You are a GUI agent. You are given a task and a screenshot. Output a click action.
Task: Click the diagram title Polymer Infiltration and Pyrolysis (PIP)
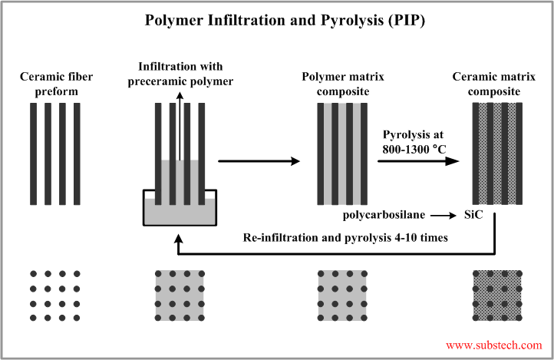276,20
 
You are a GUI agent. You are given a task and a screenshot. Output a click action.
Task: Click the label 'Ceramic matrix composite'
496,84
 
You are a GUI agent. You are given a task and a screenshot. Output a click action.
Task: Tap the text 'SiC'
473,216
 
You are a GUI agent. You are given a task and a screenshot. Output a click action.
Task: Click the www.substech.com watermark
493,345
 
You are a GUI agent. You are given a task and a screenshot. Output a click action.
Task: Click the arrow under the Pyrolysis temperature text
418,161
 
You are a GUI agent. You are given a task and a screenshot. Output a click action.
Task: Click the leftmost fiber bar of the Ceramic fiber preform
33,154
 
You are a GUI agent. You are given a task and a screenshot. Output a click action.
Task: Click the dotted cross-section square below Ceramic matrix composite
496,296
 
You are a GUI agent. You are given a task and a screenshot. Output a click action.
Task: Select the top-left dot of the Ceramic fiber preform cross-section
33,273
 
